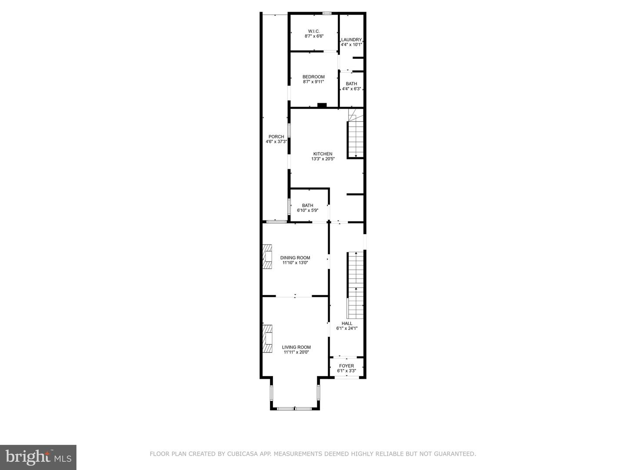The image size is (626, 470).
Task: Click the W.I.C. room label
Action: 314,31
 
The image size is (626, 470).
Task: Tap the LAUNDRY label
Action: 351,40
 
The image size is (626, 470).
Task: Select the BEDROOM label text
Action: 313,77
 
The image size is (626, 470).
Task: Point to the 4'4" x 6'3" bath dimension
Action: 351,89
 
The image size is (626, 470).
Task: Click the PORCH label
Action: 276,137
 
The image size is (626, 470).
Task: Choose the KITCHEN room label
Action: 323,154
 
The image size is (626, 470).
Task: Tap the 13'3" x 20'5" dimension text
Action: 323,159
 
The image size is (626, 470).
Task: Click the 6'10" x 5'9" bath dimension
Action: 308,211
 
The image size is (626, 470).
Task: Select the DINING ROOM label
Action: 295,258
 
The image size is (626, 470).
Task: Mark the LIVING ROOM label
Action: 297,347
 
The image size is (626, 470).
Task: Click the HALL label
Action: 347,323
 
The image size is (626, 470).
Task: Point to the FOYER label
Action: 346,366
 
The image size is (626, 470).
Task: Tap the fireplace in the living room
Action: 267,338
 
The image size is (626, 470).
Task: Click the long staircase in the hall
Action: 356,285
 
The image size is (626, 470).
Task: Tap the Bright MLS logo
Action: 38,457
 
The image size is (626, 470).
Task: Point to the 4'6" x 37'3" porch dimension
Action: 276,141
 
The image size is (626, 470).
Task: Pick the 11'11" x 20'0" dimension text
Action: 297,352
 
